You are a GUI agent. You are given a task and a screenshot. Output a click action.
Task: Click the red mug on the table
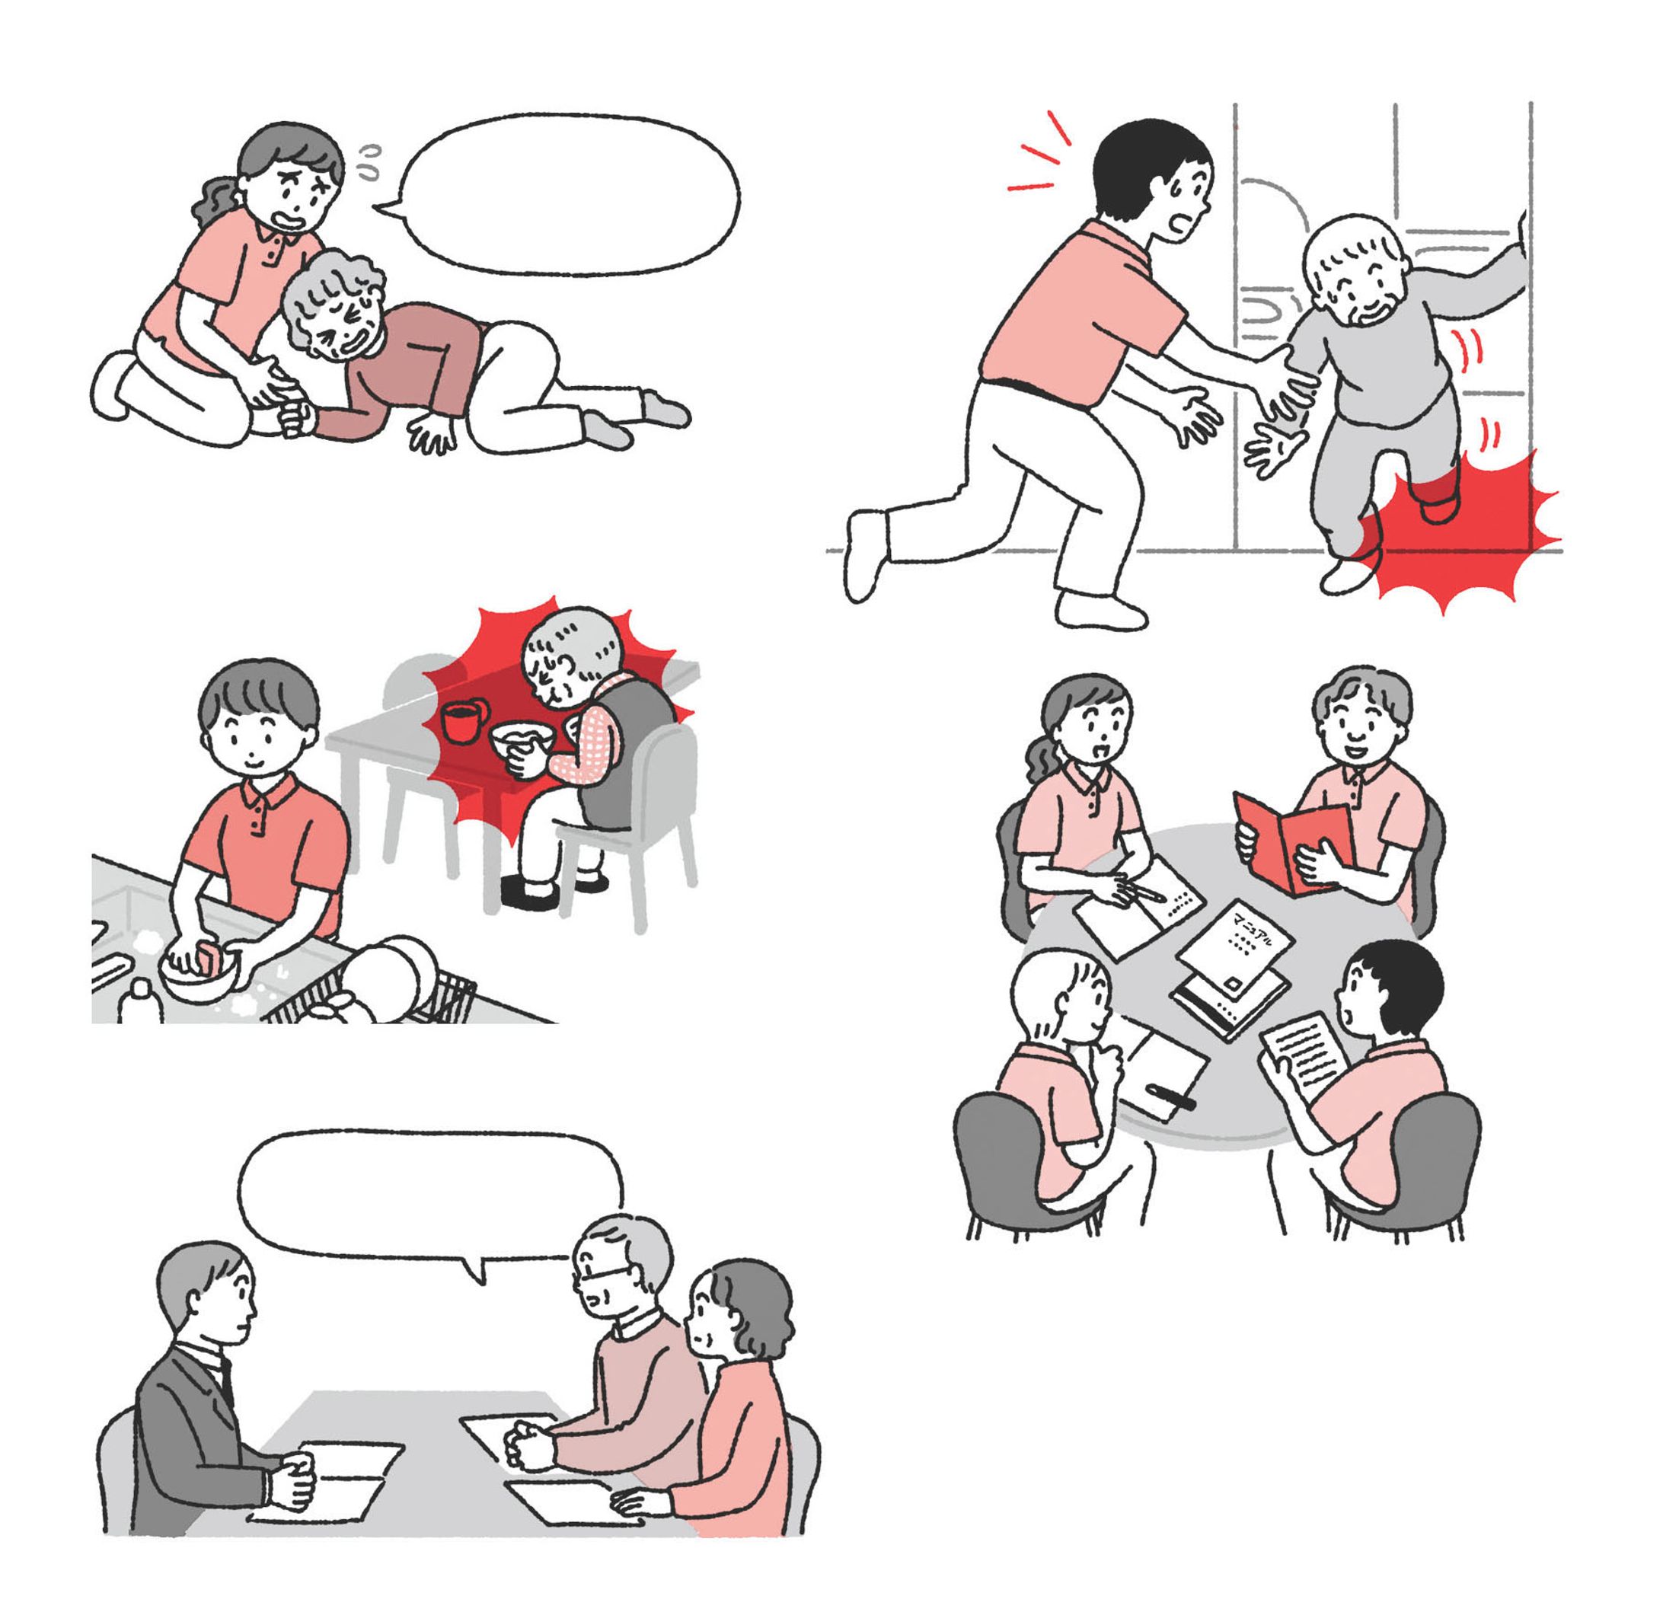[463, 723]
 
